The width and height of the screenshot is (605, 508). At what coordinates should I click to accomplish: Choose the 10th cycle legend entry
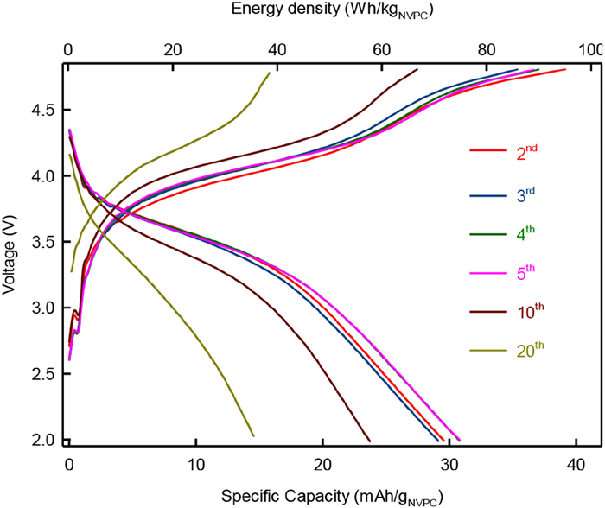pyautogui.click(x=505, y=310)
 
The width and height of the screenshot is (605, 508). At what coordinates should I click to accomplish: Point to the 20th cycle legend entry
pyautogui.click(x=505, y=350)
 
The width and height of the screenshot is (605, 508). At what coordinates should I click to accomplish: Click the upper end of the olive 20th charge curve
pyautogui.click(x=270, y=73)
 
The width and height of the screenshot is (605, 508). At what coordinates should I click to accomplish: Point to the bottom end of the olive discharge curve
pyautogui.click(x=253, y=435)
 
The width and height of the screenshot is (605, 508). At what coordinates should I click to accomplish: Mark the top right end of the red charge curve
pyautogui.click(x=565, y=69)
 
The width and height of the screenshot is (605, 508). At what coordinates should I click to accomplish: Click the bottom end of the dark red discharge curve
pyautogui.click(x=370, y=440)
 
